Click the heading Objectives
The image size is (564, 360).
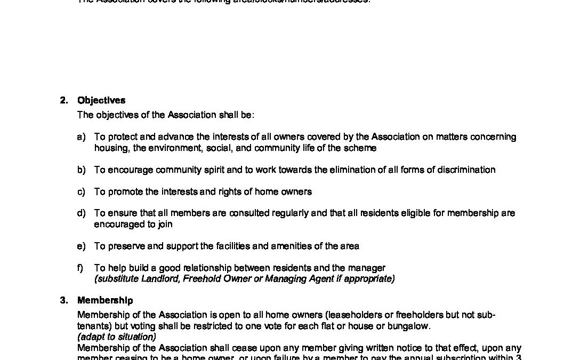101,100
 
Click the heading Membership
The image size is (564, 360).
105,301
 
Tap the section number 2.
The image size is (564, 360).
63,100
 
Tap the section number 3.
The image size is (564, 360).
63,301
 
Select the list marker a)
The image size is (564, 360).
81,137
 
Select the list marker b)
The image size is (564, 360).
81,170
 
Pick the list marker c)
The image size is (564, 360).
81,191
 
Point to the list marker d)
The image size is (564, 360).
81,213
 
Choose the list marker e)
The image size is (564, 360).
81,246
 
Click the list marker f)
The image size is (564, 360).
80,268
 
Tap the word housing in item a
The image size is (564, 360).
110,148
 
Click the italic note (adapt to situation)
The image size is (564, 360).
116,337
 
